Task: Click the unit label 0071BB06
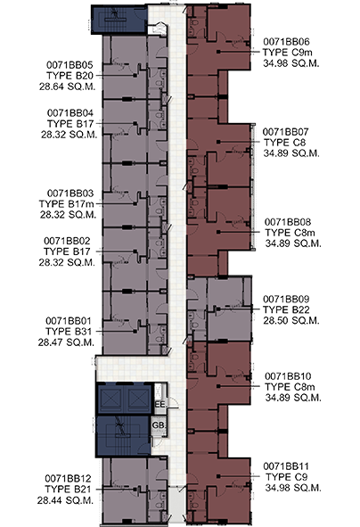click(286, 42)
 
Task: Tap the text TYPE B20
click(70, 76)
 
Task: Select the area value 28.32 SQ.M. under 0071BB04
click(70, 135)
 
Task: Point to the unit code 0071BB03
click(70, 194)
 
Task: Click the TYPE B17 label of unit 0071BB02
click(67, 251)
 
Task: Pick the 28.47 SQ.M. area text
click(66, 342)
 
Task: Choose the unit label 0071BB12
click(68, 478)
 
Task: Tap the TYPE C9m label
click(288, 53)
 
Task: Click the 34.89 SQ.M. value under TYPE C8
click(291, 153)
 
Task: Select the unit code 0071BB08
click(288, 222)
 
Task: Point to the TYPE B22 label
click(286, 309)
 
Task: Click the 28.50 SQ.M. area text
click(290, 320)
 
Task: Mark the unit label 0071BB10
click(288, 376)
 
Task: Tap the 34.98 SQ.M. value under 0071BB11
click(293, 488)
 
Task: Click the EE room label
click(160, 404)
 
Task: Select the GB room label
click(159, 425)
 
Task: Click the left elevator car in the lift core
click(111, 399)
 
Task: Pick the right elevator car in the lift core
click(138, 399)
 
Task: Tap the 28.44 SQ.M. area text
click(65, 500)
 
